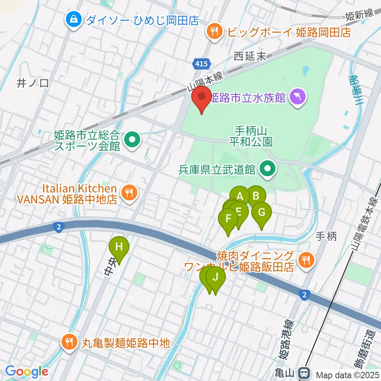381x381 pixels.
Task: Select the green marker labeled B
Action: point(256,195)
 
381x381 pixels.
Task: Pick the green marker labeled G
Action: point(261,212)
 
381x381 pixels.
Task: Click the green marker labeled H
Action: point(119,247)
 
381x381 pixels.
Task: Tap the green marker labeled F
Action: point(228,219)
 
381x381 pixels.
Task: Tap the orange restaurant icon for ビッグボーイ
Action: point(215,31)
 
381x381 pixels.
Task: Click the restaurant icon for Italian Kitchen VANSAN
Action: point(129,193)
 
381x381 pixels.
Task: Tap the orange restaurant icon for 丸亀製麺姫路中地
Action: point(69,341)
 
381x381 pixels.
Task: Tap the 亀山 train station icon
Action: point(304,373)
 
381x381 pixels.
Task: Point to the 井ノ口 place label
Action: point(33,83)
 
